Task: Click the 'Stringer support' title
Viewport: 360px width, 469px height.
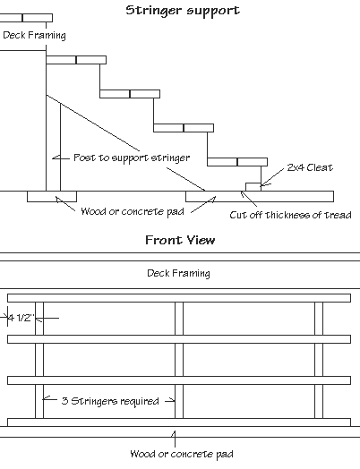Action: coord(183,11)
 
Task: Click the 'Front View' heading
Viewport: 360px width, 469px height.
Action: coord(180,240)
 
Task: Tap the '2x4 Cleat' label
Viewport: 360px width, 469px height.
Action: coord(310,167)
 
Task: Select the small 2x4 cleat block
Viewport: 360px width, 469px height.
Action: coord(253,187)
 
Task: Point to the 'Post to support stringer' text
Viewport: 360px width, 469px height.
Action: coord(132,158)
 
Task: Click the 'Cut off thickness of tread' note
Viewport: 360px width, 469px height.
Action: coord(290,215)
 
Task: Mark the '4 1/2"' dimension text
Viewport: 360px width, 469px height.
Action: coord(21,318)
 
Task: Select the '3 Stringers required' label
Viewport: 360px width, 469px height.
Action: coord(110,401)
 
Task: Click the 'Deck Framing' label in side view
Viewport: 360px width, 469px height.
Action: coord(34,35)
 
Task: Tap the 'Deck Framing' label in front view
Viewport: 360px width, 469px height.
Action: coord(178,273)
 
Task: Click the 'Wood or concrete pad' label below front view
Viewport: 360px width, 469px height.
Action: coord(182,454)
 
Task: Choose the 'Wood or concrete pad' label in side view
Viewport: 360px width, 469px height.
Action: coord(133,211)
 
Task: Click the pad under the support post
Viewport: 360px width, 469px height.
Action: coord(52,197)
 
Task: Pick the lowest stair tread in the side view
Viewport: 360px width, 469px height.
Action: coord(237,162)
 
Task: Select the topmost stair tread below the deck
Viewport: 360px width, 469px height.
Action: coord(76,60)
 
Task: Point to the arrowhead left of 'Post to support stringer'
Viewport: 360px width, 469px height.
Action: coord(56,158)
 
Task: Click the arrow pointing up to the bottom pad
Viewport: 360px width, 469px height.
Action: coord(175,439)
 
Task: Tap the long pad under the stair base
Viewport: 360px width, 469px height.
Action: coord(260,197)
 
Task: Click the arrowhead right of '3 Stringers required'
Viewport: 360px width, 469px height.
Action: coord(171,400)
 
